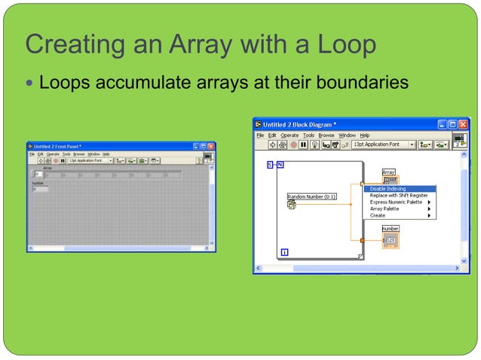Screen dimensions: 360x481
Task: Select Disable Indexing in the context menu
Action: click(x=388, y=188)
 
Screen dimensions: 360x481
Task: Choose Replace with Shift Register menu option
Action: click(x=399, y=195)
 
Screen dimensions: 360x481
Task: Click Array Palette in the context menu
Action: click(x=384, y=209)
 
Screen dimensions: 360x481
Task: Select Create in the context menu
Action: click(x=378, y=215)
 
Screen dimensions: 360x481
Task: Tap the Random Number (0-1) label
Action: click(x=312, y=197)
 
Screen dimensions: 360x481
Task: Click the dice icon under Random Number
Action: click(x=292, y=205)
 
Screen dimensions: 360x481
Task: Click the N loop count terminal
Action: click(x=280, y=164)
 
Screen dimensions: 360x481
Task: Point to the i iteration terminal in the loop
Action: click(x=285, y=252)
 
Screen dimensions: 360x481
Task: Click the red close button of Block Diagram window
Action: click(x=464, y=124)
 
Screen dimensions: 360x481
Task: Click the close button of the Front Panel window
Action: click(x=211, y=146)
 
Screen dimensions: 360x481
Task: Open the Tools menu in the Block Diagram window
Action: click(x=308, y=135)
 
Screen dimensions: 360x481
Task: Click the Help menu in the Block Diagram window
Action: click(x=365, y=135)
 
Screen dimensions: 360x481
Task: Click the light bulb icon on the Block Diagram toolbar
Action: click(x=314, y=145)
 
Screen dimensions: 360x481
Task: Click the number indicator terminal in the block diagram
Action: click(x=391, y=239)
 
